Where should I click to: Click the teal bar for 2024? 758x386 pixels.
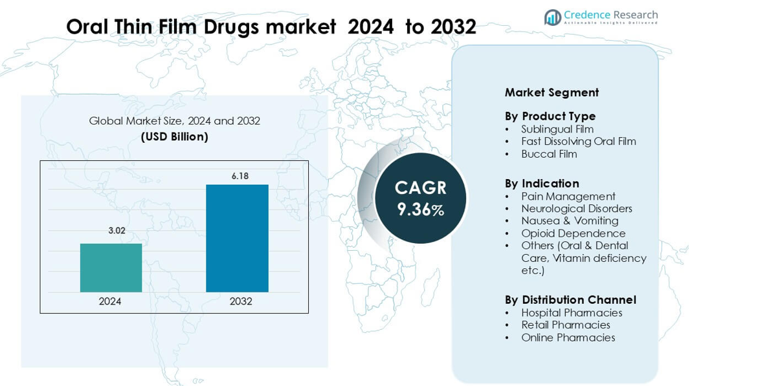111,268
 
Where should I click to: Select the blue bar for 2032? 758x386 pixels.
237,238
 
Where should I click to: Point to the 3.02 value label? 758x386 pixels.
117,231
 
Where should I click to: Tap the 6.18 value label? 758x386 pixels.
240,176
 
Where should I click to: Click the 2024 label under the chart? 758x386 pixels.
110,301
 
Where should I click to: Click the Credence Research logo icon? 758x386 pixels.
552,17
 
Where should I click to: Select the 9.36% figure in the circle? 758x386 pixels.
421,209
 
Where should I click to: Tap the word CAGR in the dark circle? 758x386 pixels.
421,188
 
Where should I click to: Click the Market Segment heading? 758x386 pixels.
552,92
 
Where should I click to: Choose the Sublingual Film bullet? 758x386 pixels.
557,129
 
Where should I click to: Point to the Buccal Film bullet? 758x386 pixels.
549,154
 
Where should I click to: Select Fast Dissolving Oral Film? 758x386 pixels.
579,142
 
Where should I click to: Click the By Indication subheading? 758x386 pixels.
542,184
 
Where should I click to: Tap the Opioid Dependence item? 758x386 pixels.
573,233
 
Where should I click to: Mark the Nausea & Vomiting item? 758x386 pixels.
570,221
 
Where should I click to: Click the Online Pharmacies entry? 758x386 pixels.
568,338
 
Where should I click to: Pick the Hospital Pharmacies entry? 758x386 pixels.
572,313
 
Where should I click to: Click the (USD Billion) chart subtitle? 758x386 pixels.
175,136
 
